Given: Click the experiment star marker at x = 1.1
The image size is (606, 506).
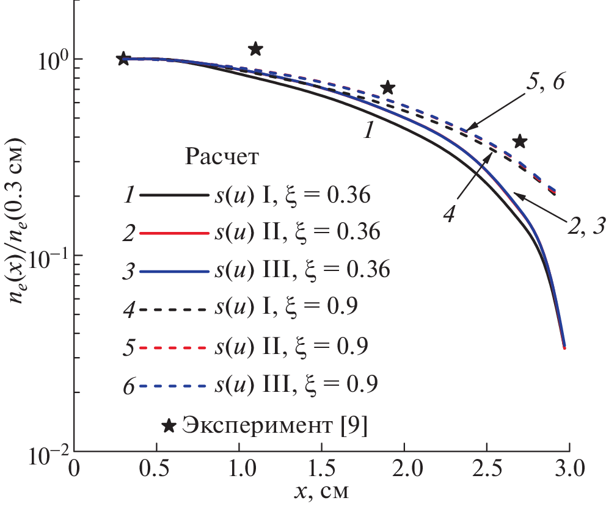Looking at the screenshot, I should coord(256,48).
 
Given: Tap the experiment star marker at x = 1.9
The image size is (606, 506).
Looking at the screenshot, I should coord(387,88).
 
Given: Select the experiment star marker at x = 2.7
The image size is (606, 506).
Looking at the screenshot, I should coord(519,142).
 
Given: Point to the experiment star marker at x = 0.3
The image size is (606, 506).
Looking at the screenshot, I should coord(123,59).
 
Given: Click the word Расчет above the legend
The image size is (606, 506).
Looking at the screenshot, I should coord(222,157).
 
